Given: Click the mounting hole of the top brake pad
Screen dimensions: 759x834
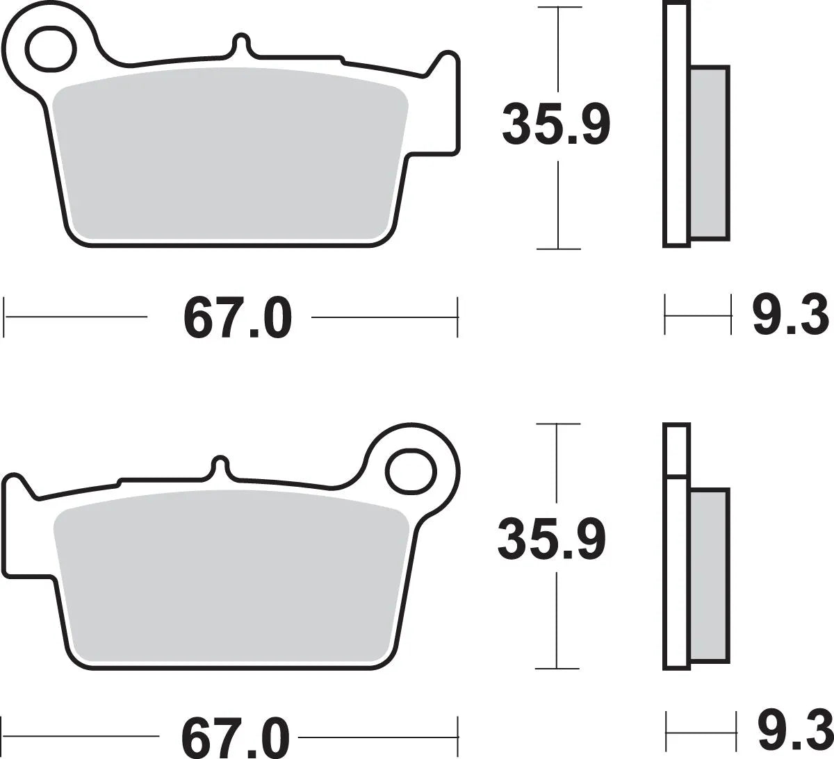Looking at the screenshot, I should (x=50, y=47).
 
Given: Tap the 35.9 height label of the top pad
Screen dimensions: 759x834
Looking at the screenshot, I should (x=556, y=125).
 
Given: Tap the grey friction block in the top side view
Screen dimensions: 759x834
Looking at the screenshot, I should (x=710, y=153).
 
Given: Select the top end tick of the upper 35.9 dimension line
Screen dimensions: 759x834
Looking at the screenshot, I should (x=558, y=8).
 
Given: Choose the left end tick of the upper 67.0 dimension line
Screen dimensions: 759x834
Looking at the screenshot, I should (x=6, y=317).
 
